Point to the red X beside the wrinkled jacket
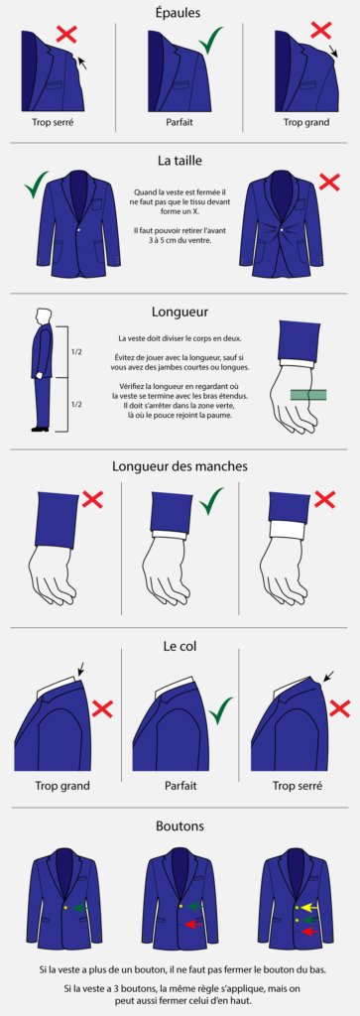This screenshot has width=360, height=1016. pos(329,182)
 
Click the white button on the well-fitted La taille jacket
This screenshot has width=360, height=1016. pos(80,230)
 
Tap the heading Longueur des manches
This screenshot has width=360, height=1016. pos(179,466)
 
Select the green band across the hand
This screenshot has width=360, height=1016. pos(307,394)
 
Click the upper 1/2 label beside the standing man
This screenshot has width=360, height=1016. pos(76,353)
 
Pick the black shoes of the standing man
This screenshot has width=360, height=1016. pos(40,429)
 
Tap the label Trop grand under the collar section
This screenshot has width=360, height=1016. pos(62,786)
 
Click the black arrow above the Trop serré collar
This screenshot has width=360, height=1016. pos(328,677)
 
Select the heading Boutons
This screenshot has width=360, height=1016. pos(180,826)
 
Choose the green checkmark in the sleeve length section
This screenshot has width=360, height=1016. pos(211,501)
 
